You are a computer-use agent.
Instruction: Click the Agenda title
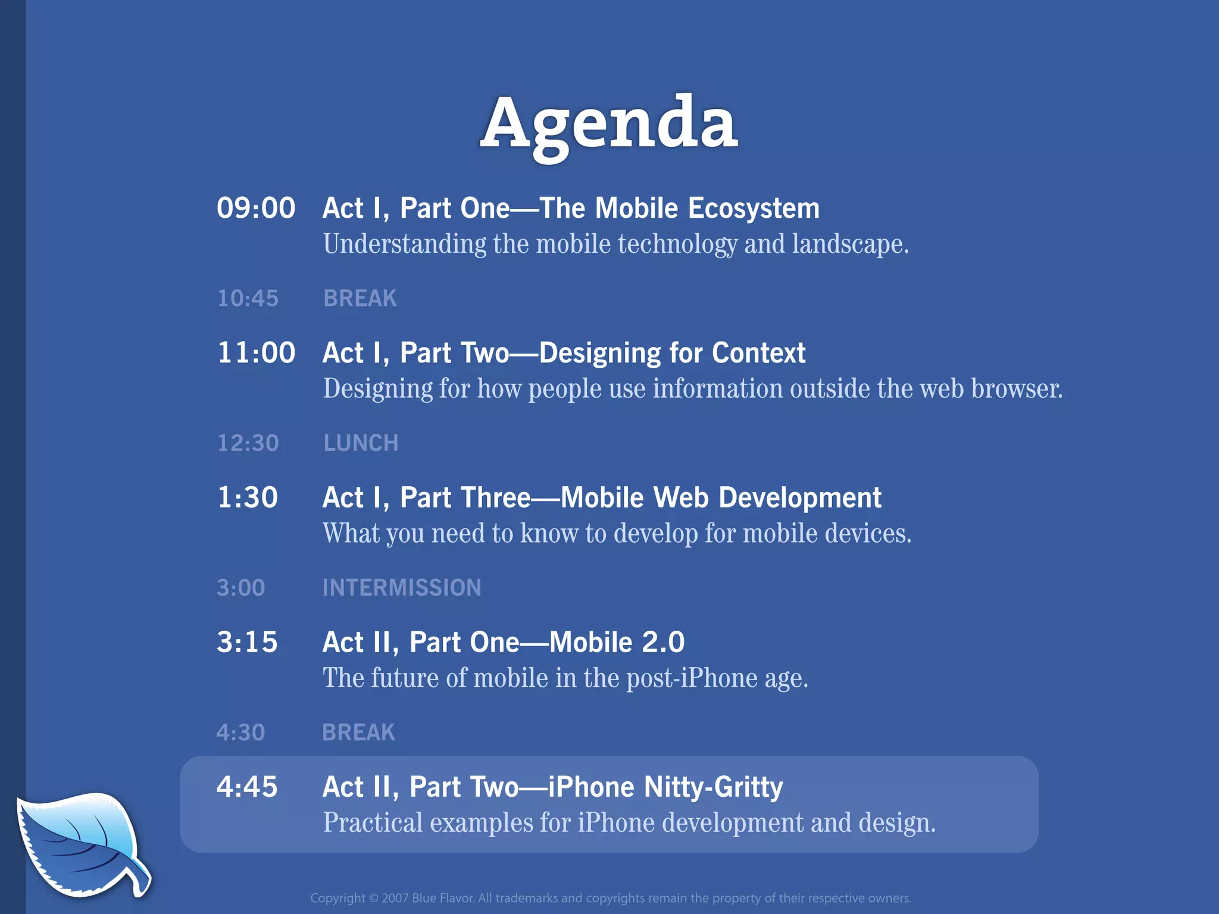pos(609,125)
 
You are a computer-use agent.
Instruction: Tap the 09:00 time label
pos(256,208)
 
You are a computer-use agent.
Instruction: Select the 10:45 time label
pos(248,298)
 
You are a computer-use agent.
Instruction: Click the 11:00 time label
pos(256,353)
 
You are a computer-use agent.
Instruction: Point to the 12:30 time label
pos(248,443)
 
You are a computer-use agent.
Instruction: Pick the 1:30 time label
pos(248,497)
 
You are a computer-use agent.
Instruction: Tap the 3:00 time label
pos(240,588)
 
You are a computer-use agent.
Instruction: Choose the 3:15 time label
pos(247,642)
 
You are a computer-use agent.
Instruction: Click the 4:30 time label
pos(240,733)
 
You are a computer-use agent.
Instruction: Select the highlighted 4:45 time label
pos(247,787)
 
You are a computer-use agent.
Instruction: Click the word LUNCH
pos(361,443)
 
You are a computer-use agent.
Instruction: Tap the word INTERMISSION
pos(402,588)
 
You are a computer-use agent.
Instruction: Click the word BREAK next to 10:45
pos(360,298)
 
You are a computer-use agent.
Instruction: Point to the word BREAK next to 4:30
pos(358,733)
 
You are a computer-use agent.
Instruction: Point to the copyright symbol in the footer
pos(373,898)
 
